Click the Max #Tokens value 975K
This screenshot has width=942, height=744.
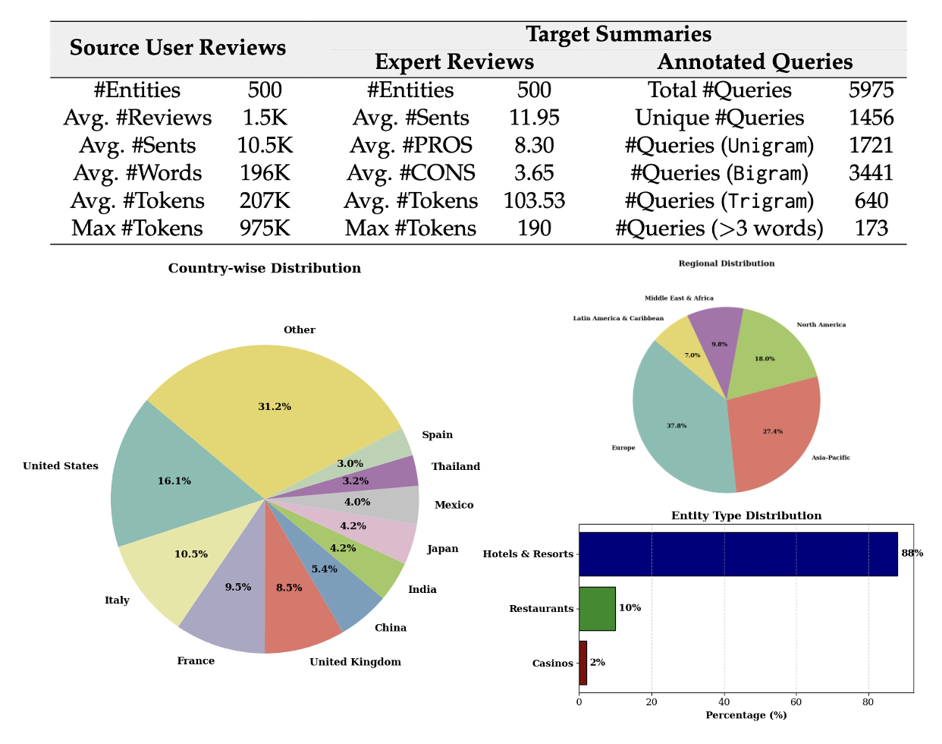coord(265,229)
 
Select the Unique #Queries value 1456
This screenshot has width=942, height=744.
coord(871,118)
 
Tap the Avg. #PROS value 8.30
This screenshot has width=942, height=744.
coord(534,145)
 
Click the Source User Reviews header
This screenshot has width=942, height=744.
coord(177,48)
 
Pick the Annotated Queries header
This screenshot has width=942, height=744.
coord(755,61)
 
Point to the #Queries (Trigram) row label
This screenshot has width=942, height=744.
coord(719,201)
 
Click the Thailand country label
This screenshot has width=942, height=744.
coord(456,467)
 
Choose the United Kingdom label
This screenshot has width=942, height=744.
coord(355,662)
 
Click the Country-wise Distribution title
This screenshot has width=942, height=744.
coord(264,268)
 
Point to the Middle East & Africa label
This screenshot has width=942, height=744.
coord(679,298)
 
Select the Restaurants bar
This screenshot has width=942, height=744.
coord(597,608)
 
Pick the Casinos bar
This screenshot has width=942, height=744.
coord(582,663)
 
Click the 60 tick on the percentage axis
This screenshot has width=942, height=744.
coord(796,701)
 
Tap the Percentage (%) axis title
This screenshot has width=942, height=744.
coord(746,715)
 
